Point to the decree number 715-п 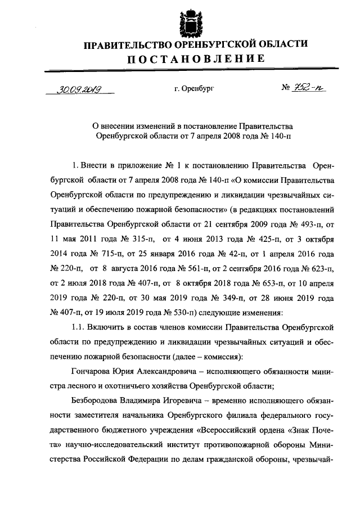coord(105,251)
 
